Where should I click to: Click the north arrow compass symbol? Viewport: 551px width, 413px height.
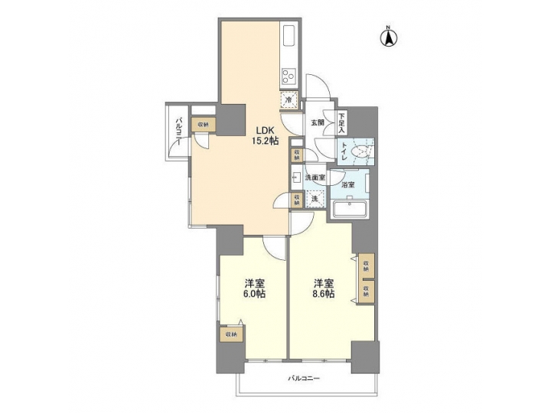389,36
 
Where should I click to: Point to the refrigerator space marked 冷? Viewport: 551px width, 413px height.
289,99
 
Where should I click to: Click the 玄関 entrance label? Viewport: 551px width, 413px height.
317,122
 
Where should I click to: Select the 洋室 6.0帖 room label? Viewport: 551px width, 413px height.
255,288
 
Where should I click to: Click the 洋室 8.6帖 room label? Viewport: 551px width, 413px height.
323,288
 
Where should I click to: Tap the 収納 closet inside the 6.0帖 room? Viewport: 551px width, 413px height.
230,334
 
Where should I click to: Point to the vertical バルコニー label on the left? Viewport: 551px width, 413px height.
177,132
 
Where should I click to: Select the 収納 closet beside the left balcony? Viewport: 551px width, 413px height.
203,123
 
